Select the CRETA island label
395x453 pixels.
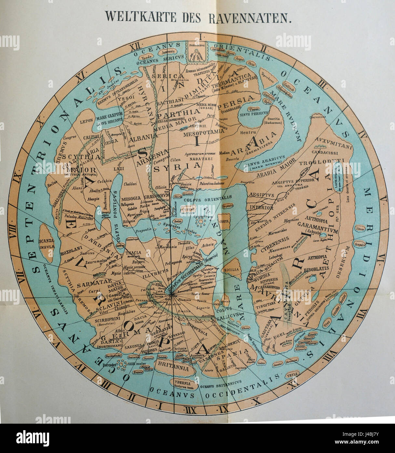pyautogui.click(x=224, y=222)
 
